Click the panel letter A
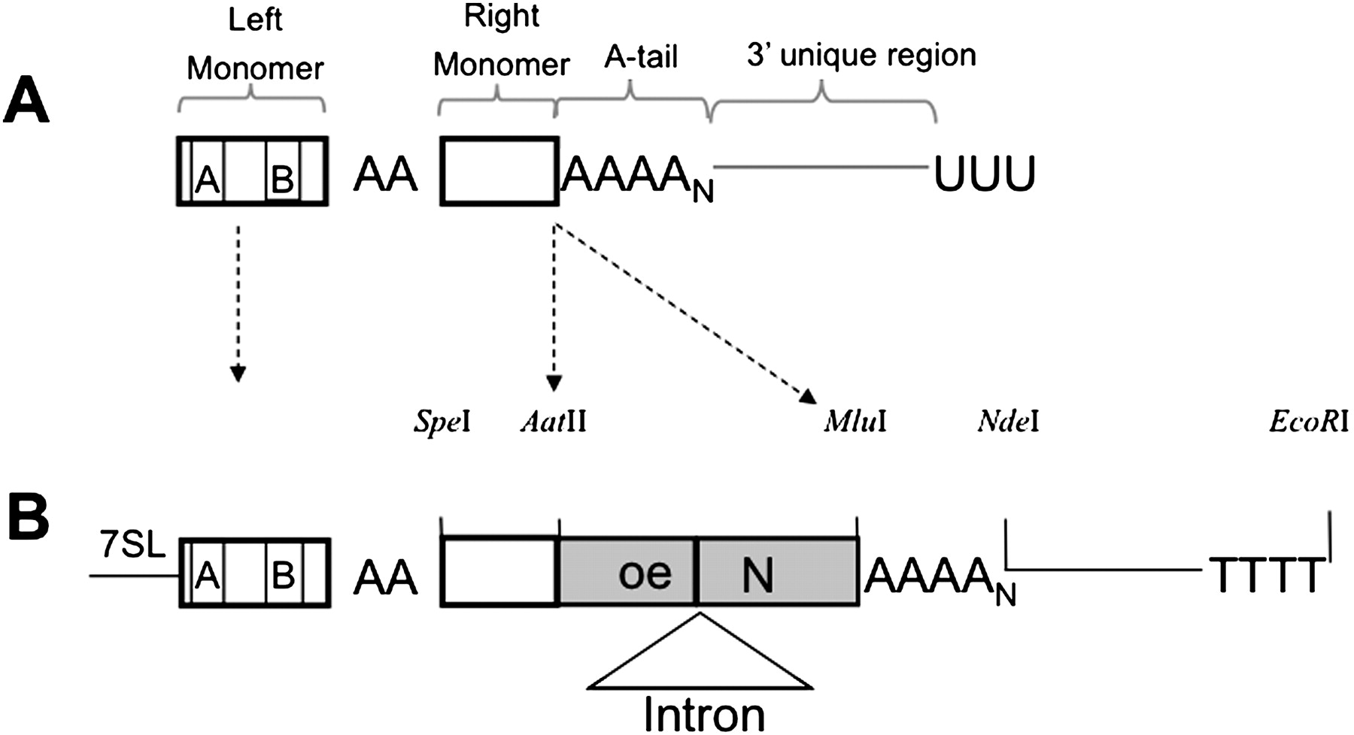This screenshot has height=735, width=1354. point(26,104)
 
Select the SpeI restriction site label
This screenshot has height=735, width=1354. point(442,422)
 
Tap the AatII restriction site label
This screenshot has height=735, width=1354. point(553,422)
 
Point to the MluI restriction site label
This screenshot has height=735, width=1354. point(855,422)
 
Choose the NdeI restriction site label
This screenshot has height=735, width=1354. point(1008,422)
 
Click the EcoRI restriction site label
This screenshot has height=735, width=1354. point(1308,422)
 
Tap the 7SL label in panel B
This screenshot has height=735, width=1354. point(132,546)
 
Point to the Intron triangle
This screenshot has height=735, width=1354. point(700,661)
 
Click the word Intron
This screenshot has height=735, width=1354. point(704,714)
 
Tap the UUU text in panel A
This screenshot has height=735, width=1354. point(984,174)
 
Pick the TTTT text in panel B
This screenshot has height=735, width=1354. point(1265,575)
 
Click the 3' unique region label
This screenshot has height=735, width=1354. point(861,55)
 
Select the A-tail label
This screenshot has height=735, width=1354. point(641,56)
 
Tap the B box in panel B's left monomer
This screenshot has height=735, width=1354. point(283,575)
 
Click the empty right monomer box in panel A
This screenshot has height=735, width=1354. point(499,171)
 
